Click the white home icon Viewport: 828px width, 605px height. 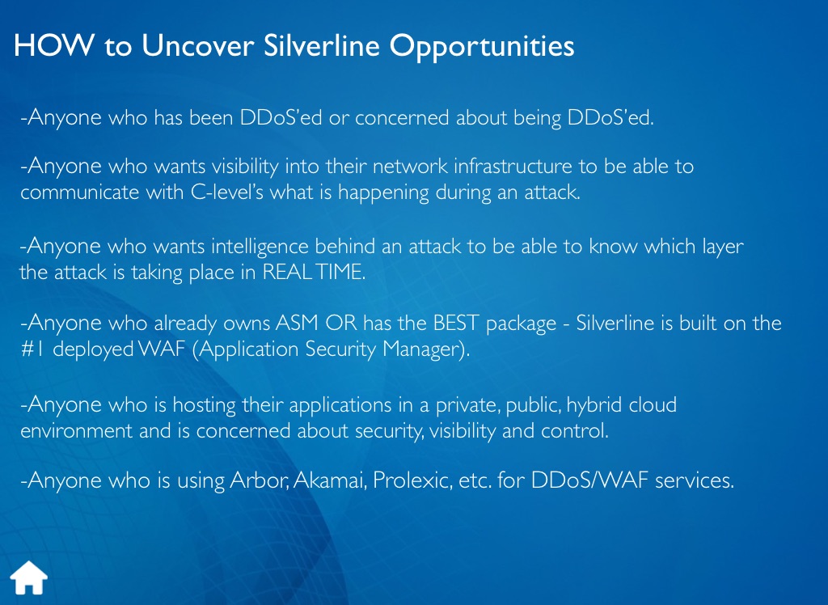tap(29, 577)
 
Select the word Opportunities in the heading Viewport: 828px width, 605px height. tap(482, 46)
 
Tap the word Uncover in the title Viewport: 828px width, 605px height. tap(197, 45)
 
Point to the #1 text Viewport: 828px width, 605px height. tap(32, 349)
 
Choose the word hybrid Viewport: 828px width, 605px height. tap(594, 405)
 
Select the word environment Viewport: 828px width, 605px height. tap(76, 430)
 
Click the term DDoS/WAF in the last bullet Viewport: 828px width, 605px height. tap(589, 480)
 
